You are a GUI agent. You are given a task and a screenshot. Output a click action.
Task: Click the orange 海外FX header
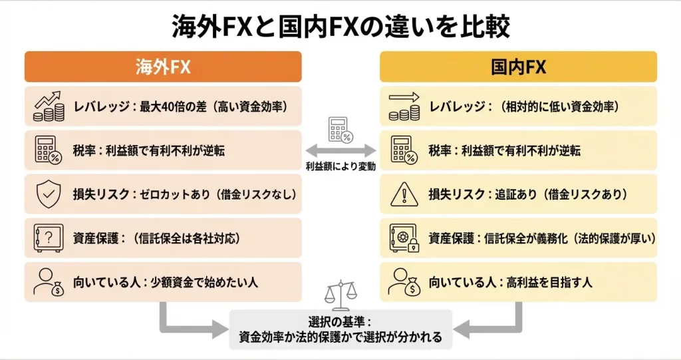[163, 67]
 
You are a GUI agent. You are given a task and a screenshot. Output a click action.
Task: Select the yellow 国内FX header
[518, 67]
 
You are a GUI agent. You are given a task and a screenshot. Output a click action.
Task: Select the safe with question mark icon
[48, 238]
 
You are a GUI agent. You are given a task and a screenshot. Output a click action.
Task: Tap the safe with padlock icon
[403, 238]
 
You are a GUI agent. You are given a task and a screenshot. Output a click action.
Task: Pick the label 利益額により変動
[340, 167]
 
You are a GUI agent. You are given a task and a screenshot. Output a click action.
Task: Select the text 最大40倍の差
[174, 106]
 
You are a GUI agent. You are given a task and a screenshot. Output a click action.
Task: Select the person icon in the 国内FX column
[403, 281]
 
